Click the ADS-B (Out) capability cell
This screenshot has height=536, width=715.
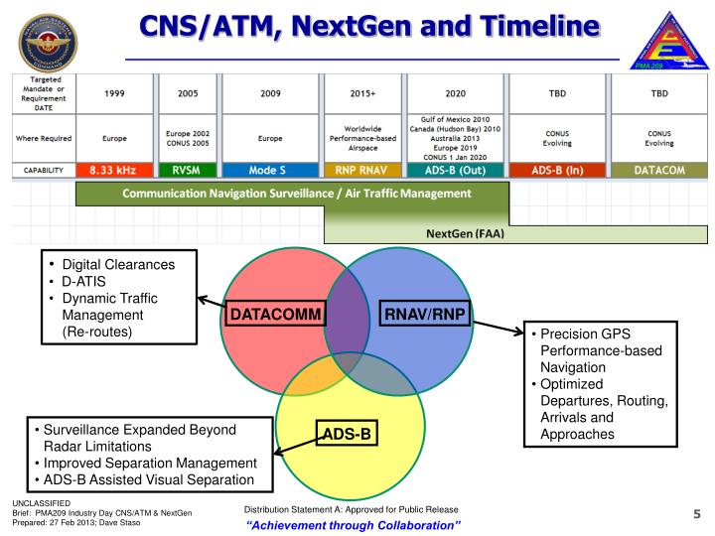(452, 170)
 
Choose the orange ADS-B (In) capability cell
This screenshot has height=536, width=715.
(557, 170)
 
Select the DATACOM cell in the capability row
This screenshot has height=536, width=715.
(661, 170)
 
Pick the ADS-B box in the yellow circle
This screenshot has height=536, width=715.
(349, 433)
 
